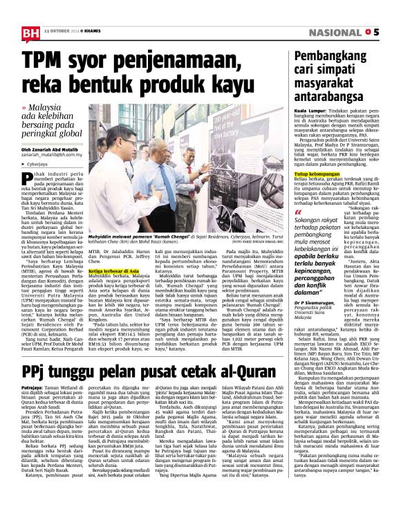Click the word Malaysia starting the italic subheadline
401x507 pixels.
[x=55, y=109]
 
